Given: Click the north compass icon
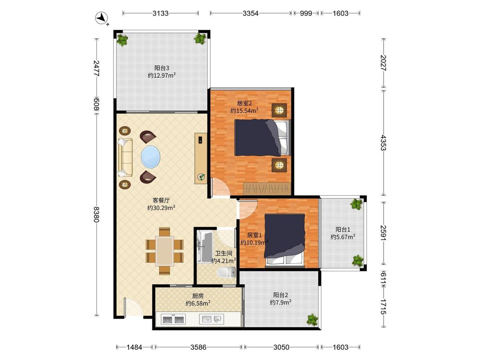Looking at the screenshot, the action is pos(101,18).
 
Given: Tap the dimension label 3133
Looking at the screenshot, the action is pos(160,13).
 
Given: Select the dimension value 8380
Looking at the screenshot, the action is pos(96,214).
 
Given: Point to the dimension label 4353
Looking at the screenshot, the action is pos(384,142).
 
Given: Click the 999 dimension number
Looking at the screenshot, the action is pos(306,13).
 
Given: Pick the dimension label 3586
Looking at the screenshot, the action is pos(198,347).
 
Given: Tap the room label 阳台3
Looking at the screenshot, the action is pos(162,68).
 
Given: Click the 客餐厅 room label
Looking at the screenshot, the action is pos(161,200).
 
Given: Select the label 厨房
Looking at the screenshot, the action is pos(198,296).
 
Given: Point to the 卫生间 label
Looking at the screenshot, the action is pos(224,253).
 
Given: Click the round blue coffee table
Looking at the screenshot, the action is pos(151,157).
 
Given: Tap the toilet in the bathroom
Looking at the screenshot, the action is pos(227,272).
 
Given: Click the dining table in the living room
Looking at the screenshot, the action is pos(165,251).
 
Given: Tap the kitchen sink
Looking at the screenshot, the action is pos(211,319).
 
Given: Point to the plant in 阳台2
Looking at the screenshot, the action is pos(313,319).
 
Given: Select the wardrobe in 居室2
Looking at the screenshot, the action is pos(267,188).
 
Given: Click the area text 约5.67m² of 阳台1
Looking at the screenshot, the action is pos(343,237).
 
